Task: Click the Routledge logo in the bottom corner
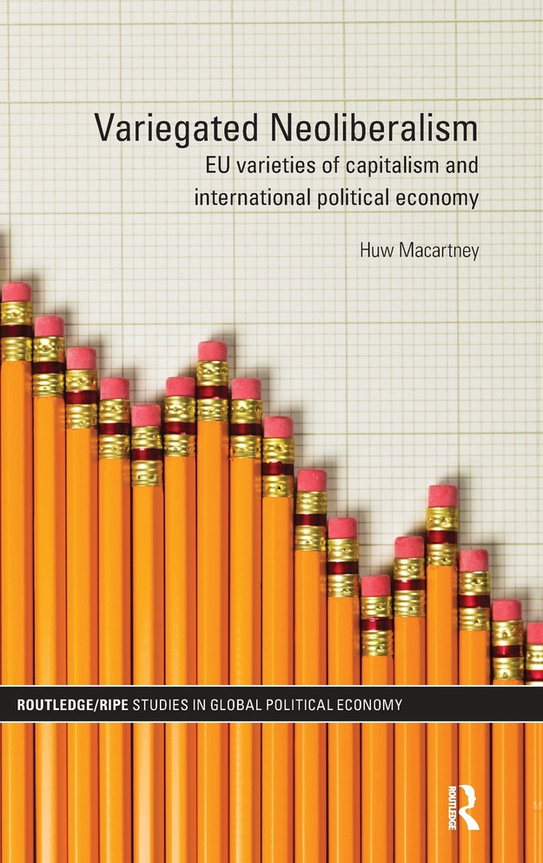pyautogui.click(x=469, y=805)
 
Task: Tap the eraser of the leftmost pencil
pyautogui.click(x=15, y=292)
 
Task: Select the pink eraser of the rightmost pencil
pyautogui.click(x=535, y=633)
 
